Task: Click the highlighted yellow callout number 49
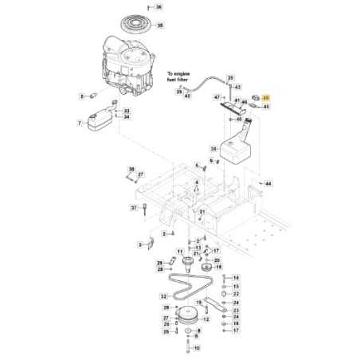pos(266,96)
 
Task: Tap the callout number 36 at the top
pos(158,6)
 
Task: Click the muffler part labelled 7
pos(99,123)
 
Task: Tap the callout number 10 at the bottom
pos(198,348)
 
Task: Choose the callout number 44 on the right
pos(268,183)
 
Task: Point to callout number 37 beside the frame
pos(135,208)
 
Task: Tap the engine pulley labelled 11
pos(190,264)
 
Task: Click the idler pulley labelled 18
pos(209,268)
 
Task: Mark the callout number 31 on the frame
pos(202,212)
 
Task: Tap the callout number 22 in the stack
pos(236,294)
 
